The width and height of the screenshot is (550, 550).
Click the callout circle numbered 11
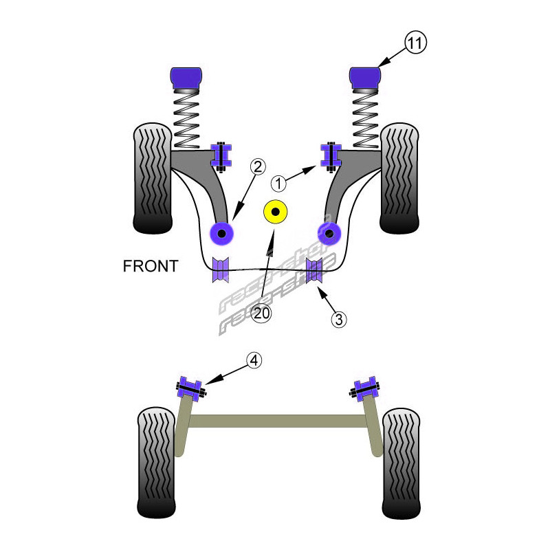[415, 43]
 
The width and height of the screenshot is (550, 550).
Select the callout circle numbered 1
[278, 184]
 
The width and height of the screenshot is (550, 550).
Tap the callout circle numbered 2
[257, 166]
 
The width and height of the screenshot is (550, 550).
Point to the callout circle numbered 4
[254, 360]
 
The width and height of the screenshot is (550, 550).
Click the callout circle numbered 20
[261, 313]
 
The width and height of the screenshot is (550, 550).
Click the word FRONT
[151, 266]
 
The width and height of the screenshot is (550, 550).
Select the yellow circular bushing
[276, 214]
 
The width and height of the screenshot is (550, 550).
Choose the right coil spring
[365, 121]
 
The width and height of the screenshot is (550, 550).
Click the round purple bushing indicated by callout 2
[222, 234]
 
